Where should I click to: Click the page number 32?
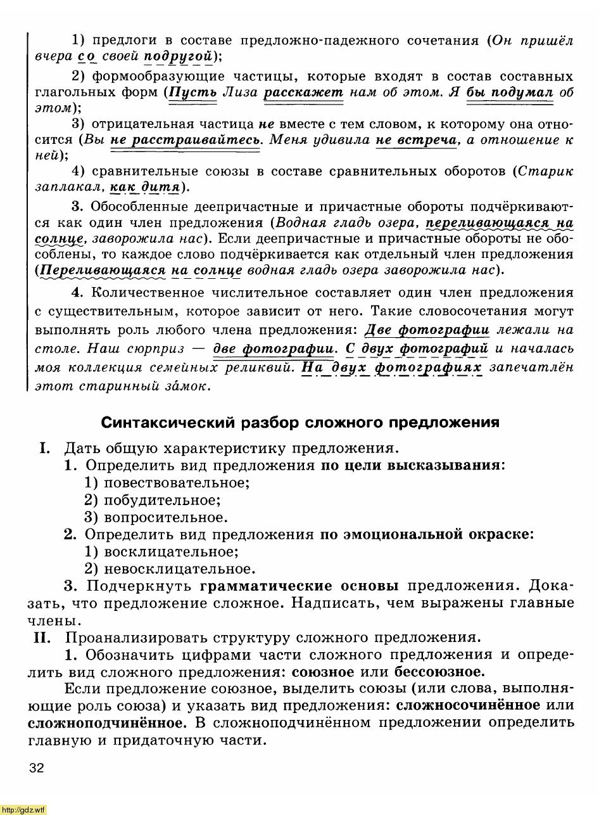tap(36, 769)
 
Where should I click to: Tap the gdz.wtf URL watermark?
tap(23, 809)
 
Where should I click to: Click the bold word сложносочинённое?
tap(468, 705)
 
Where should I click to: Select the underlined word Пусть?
tap(192, 93)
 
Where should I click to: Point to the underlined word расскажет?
tap(303, 93)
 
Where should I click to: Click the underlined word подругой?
tap(178, 57)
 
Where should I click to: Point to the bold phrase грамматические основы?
tap(299, 585)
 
